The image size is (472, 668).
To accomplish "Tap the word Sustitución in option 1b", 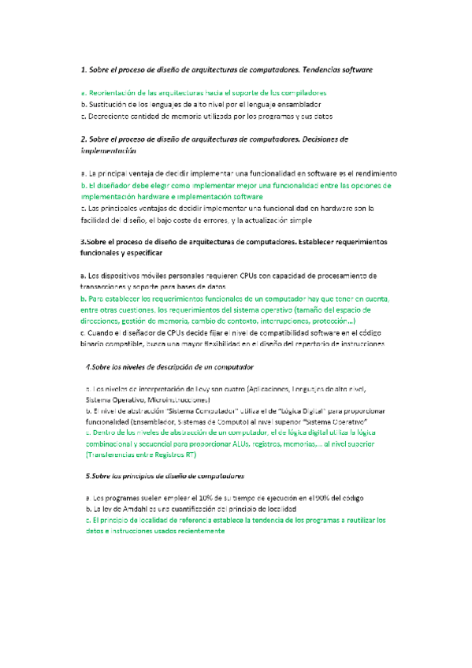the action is [x=111, y=104].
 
